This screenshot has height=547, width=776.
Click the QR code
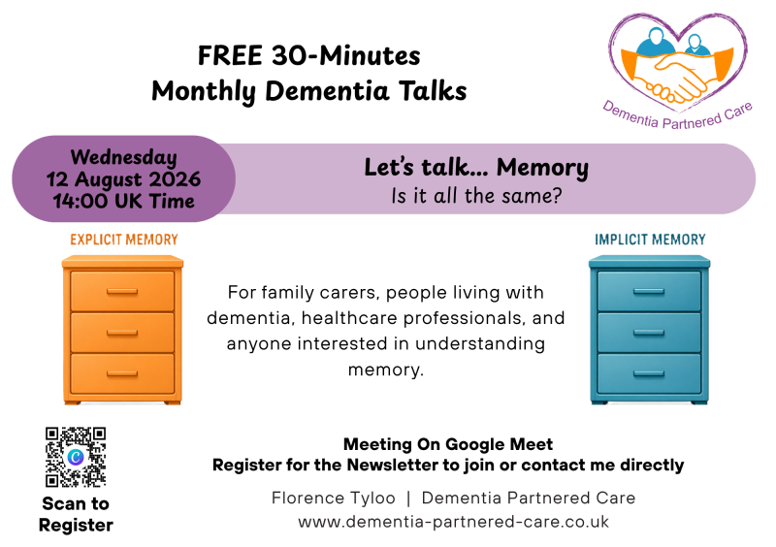pos(76,457)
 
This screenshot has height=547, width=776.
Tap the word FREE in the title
pos(230,55)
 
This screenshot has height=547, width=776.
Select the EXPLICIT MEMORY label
pos(124,240)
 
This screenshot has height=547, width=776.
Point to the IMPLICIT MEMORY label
pos(650,240)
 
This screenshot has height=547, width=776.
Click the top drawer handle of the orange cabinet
pos(122,292)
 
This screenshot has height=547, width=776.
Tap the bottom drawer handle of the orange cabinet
pos(122,373)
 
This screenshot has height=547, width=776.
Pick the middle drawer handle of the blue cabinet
pos(649,333)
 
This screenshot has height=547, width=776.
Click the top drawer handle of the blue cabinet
pos(649,292)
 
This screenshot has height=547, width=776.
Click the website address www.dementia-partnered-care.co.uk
pos(453,522)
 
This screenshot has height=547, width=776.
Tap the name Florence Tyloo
pos(334,498)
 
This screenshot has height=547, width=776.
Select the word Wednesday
pos(124,158)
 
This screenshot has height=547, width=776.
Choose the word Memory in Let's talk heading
pos(542,169)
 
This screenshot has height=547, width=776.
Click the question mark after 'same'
pos(557,196)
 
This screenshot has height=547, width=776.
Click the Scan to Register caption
pos(76,514)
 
